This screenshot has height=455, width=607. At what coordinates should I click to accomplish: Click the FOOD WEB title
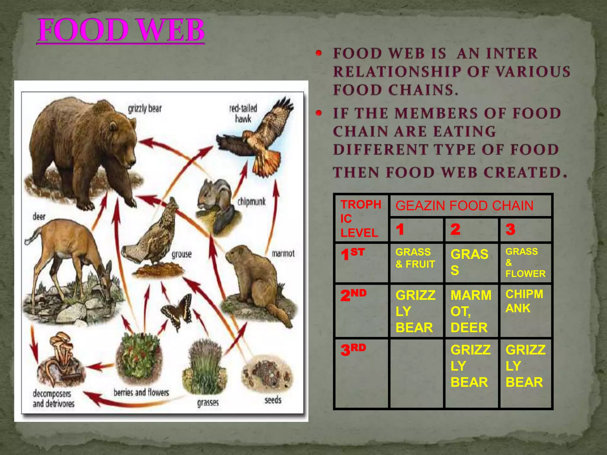point(121,30)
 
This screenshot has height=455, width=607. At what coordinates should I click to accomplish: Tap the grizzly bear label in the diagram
point(145,109)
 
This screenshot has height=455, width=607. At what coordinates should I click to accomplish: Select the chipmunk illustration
point(215,197)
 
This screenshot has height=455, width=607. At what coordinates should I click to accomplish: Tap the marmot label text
point(283,254)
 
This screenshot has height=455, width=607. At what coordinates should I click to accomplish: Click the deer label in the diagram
point(39,217)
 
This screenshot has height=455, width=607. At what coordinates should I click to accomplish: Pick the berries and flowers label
point(141,392)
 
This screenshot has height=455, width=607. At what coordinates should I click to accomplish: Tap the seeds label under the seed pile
point(273,400)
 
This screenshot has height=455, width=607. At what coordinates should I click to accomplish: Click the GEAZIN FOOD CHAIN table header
point(464,206)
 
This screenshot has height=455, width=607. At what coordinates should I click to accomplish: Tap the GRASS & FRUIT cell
point(415,258)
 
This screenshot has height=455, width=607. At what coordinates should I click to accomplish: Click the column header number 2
point(456,229)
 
